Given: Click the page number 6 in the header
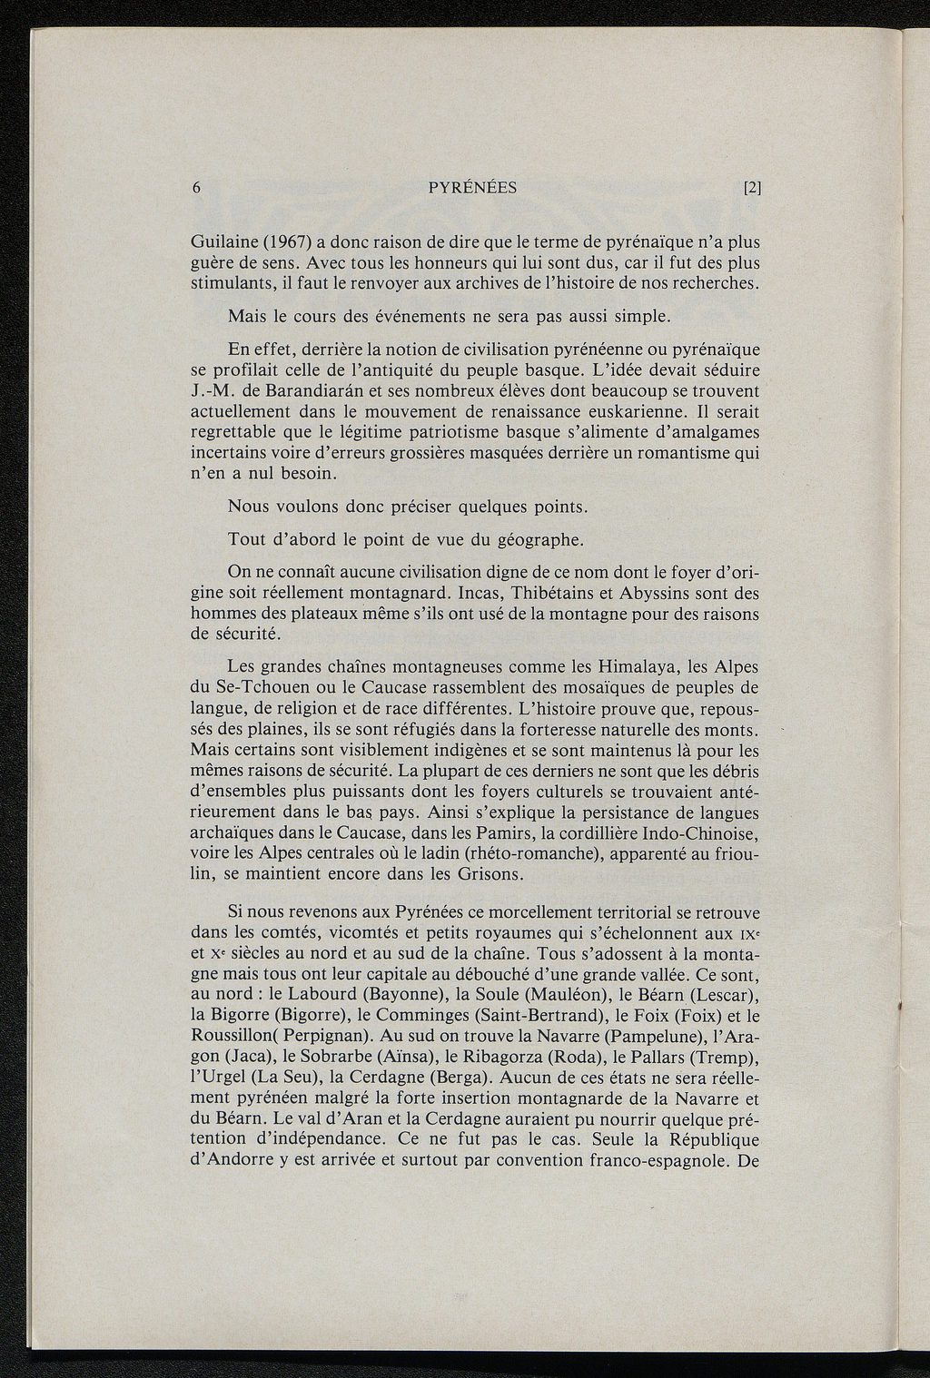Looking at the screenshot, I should [x=197, y=189].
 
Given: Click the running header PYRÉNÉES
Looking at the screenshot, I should [x=471, y=189].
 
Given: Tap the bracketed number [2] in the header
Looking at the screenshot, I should [x=750, y=189].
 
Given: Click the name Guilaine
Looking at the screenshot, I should [x=223, y=242].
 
